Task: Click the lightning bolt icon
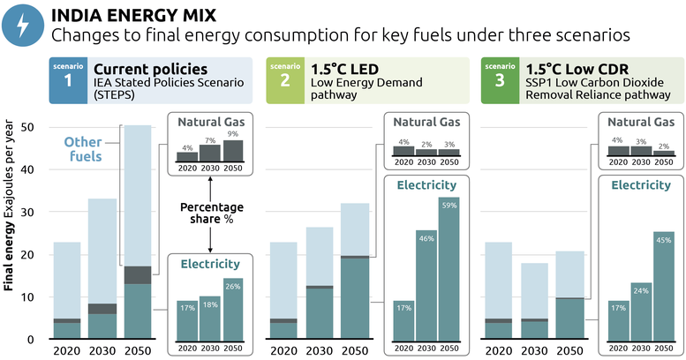point(22,26)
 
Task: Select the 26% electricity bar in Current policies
point(232,310)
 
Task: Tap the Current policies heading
point(150,69)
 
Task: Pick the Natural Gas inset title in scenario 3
point(640,122)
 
